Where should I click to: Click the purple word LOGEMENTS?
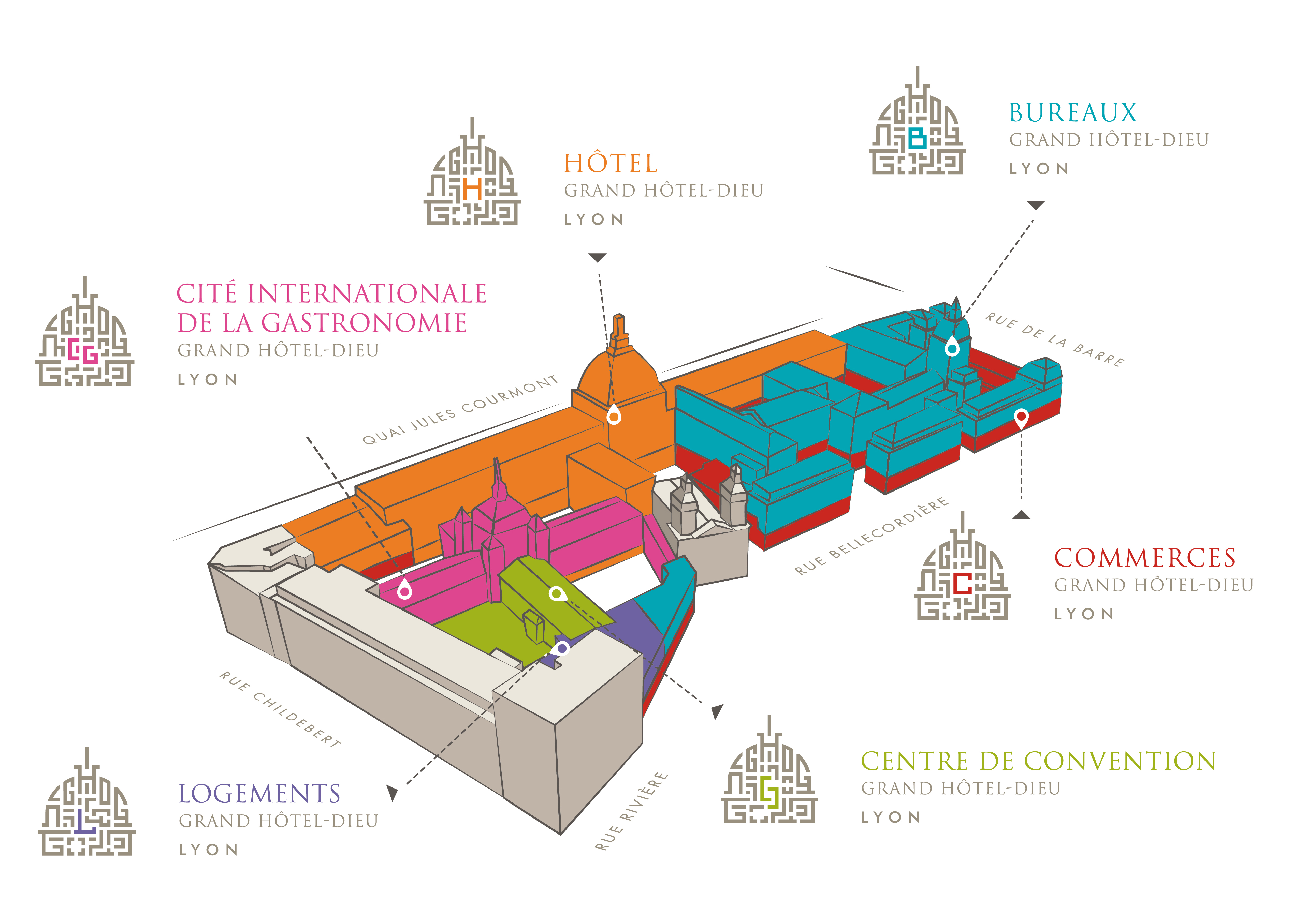[x=259, y=794]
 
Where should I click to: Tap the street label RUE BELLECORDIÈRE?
[x=870, y=535]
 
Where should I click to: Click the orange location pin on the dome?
[x=613, y=415]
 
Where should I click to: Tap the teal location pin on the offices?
[x=952, y=346]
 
